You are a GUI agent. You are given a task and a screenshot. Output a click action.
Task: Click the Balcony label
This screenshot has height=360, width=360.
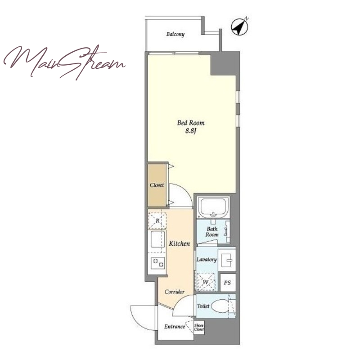[x=175, y=34]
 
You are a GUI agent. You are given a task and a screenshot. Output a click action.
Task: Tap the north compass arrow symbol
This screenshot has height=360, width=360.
[x=239, y=27]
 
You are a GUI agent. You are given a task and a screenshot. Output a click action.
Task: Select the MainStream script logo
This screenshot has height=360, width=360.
[x=65, y=62]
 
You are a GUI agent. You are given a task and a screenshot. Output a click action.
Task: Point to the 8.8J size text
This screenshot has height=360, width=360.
[x=191, y=131]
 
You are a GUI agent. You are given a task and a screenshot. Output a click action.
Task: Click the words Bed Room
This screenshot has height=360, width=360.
[x=191, y=123]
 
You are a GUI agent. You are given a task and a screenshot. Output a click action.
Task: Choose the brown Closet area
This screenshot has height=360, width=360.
[x=157, y=185]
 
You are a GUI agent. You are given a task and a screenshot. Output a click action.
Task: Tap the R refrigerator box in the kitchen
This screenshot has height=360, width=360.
[x=157, y=221]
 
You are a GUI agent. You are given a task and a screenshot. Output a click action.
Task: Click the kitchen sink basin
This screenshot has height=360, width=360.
[x=158, y=239]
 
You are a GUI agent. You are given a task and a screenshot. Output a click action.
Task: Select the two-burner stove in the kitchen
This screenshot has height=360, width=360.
[x=158, y=263]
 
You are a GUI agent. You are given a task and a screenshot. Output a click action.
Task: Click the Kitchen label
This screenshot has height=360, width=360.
[x=179, y=243]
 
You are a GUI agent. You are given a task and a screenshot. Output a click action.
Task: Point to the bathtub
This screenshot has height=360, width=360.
[x=213, y=207]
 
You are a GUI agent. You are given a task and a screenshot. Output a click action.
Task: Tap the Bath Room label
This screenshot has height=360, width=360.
[x=212, y=232]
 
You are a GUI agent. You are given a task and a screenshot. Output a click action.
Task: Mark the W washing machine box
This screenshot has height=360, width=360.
[x=206, y=282]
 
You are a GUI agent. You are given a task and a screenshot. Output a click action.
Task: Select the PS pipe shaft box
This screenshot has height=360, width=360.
[x=228, y=283]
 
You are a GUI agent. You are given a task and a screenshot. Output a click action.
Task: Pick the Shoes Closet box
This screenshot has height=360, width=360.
[x=199, y=328]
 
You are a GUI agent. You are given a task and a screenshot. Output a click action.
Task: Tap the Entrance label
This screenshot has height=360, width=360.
[x=175, y=327]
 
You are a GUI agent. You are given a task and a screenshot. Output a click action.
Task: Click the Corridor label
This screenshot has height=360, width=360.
[x=175, y=292]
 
